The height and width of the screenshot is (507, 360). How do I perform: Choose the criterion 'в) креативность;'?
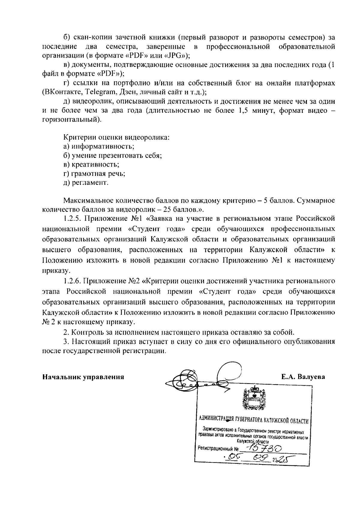[x=91, y=164]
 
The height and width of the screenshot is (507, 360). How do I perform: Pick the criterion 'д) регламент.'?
[x=86, y=183]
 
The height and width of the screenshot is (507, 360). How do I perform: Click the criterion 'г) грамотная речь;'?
[x=94, y=174]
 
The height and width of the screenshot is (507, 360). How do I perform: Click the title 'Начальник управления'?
[x=83, y=377]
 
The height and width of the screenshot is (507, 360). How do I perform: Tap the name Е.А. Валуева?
[x=303, y=377]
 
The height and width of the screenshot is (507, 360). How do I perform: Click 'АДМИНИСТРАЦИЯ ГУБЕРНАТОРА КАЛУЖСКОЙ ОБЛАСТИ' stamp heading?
[x=254, y=421]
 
